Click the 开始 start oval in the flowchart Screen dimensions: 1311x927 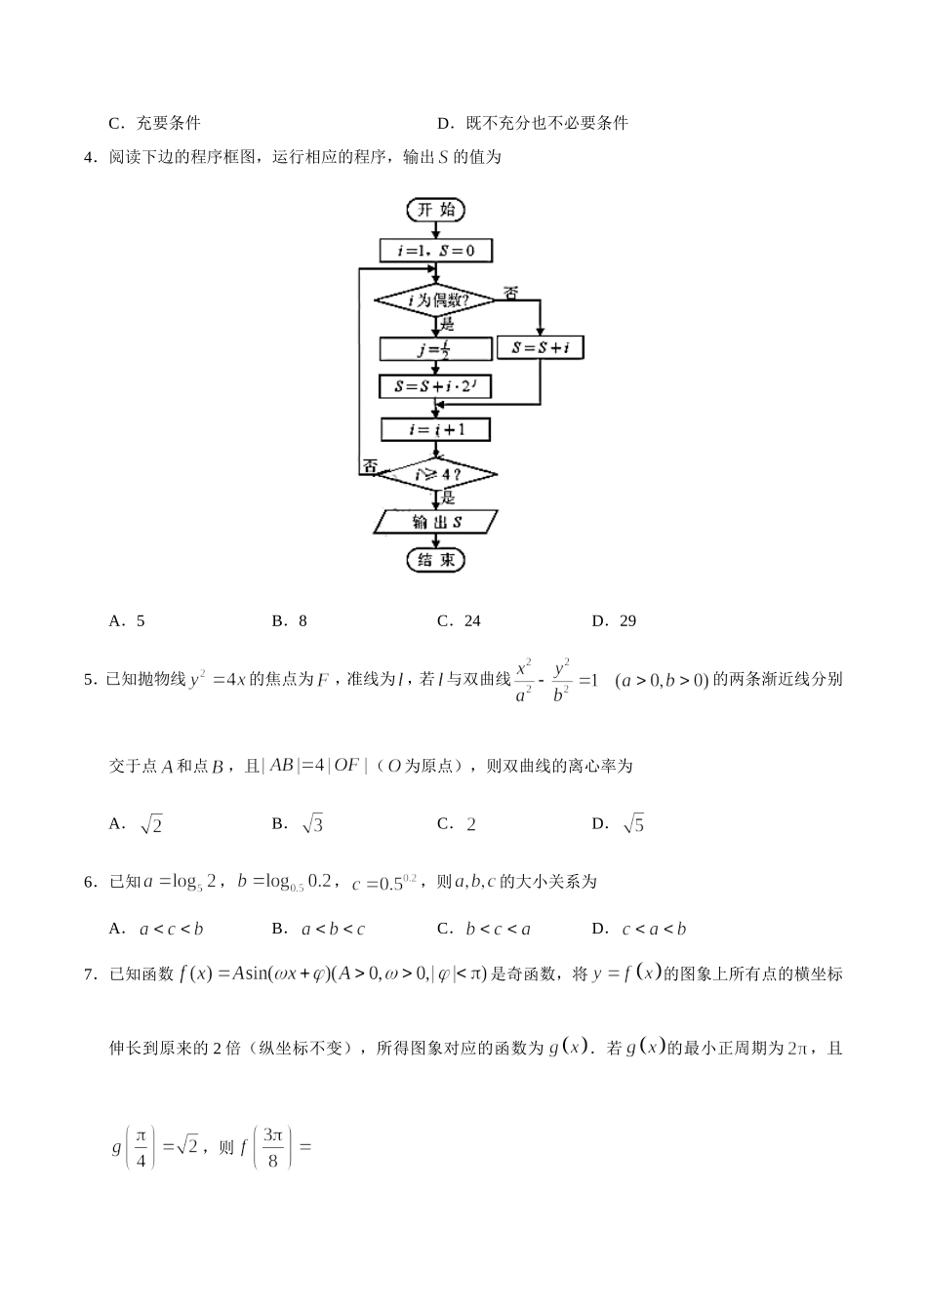(x=435, y=210)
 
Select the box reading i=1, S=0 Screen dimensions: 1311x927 (x=435, y=251)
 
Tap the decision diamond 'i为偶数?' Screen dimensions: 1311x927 (x=435, y=300)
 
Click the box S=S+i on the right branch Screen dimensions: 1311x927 (x=540, y=347)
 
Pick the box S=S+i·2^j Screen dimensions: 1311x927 (x=435, y=387)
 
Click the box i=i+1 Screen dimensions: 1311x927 (x=435, y=429)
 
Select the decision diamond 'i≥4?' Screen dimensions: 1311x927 (x=435, y=475)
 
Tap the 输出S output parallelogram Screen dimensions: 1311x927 (x=435, y=522)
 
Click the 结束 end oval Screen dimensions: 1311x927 (x=435, y=560)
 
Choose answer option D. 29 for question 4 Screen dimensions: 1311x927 (x=615, y=620)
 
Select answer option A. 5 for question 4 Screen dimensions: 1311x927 (x=128, y=620)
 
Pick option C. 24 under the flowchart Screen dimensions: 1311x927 (x=460, y=620)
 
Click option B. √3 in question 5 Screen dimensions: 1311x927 (x=298, y=824)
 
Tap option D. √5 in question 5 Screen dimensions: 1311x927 (x=619, y=824)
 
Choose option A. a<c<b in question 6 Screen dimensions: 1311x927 (x=157, y=929)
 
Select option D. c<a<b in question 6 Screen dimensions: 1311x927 (x=639, y=929)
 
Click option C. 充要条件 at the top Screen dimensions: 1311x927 (x=155, y=123)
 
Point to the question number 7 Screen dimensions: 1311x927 (x=90, y=973)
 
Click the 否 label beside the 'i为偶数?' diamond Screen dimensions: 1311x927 (x=510, y=293)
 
